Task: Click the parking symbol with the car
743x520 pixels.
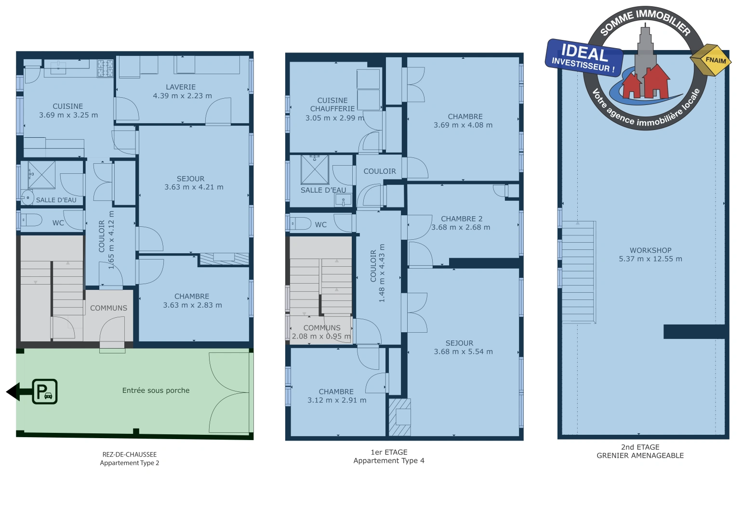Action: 45,391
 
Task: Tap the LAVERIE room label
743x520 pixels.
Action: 181,87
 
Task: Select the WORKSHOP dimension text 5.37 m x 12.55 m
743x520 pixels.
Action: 650,259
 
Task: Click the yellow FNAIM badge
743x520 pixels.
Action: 711,60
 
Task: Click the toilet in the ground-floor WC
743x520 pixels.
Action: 31,220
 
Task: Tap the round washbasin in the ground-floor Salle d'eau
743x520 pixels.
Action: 27,198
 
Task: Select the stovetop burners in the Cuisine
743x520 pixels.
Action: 105,68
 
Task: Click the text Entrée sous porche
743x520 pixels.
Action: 156,390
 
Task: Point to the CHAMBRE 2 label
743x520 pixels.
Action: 462,219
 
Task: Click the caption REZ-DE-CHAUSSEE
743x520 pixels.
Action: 129,455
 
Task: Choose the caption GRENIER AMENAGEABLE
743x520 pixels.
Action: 640,455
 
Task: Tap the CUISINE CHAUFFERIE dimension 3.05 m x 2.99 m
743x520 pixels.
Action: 335,117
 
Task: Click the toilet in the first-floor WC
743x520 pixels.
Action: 301,223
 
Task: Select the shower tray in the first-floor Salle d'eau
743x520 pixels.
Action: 315,169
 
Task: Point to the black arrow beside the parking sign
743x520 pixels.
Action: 19,392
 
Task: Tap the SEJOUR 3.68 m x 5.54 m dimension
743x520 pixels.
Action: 464,351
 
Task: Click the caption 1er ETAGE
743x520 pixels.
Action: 389,452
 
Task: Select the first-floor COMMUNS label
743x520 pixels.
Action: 322,328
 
